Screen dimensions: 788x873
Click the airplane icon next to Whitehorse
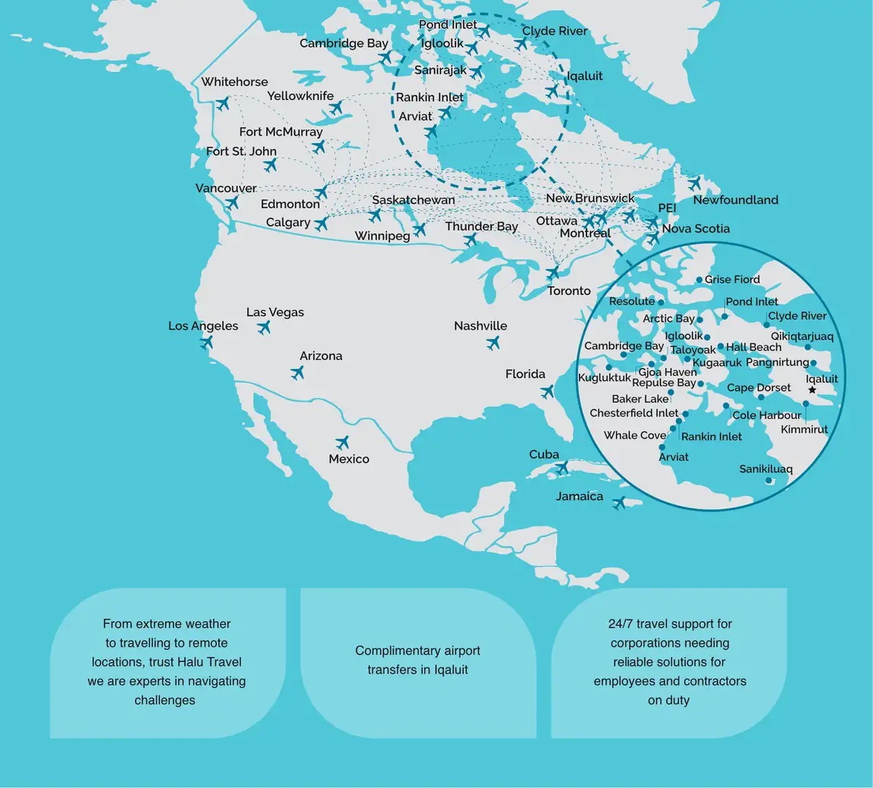click(x=223, y=103)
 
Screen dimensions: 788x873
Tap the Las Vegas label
click(x=275, y=312)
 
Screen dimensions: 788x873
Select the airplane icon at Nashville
click(x=493, y=342)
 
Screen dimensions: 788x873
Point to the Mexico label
click(x=349, y=459)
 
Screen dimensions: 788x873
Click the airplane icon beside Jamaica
click(x=620, y=502)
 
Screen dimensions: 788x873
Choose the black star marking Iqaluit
click(x=812, y=390)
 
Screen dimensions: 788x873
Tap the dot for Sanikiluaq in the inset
click(x=768, y=480)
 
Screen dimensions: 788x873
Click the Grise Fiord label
click(x=732, y=280)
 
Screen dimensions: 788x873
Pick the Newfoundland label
click(x=735, y=200)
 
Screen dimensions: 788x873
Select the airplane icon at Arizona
click(x=297, y=373)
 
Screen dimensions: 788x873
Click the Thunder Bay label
click(x=481, y=227)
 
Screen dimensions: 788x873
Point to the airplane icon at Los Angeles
click(x=206, y=342)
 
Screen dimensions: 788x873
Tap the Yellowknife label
click(x=300, y=96)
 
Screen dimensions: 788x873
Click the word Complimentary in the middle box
click(x=391, y=651)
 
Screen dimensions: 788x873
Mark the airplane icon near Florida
click(x=548, y=392)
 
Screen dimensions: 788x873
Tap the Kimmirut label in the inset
click(x=804, y=430)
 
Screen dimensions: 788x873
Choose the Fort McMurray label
click(x=280, y=132)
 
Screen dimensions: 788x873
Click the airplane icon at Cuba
click(x=562, y=468)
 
